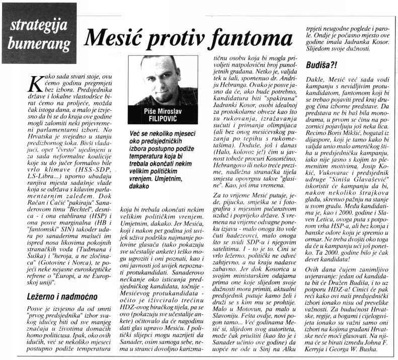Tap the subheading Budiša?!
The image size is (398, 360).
pos(319,66)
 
